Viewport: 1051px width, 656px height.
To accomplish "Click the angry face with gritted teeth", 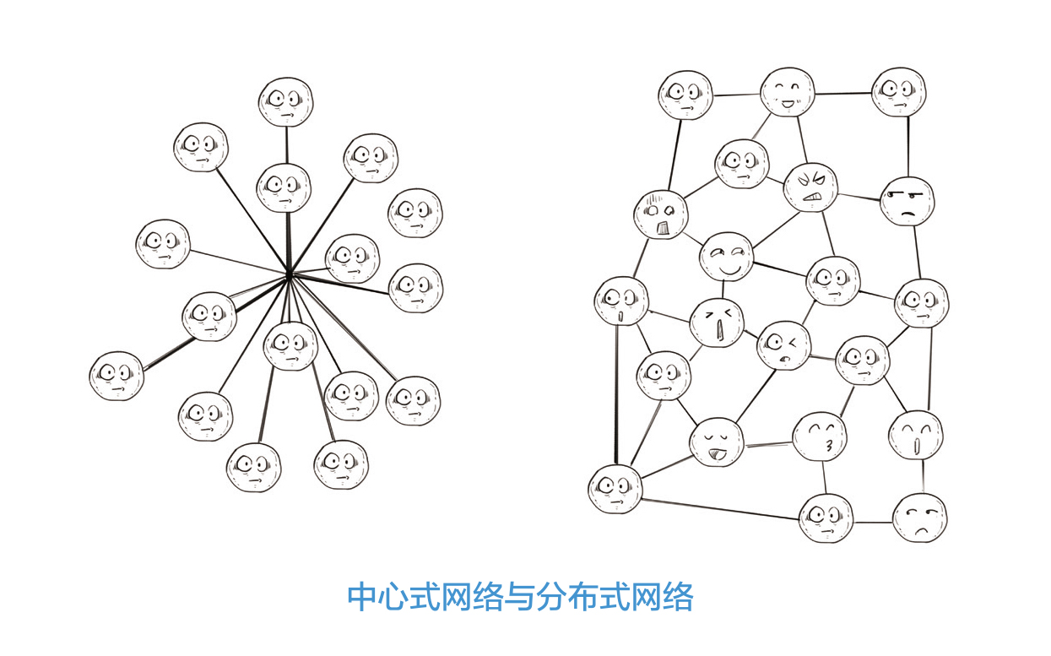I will click(x=810, y=187).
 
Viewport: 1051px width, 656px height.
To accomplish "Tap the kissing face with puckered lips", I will click(x=819, y=436).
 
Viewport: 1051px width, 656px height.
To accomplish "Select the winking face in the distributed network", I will click(x=783, y=345).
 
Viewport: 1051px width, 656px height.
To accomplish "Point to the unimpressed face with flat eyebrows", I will click(x=907, y=201).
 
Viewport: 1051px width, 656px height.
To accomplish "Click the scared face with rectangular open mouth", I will click(x=660, y=214).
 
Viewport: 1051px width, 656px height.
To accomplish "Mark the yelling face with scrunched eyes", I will click(x=717, y=323).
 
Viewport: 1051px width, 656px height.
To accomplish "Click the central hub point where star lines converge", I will click(x=289, y=274).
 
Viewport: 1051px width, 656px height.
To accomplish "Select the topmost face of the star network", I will click(x=285, y=101).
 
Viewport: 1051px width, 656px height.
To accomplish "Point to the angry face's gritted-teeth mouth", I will click(x=811, y=199).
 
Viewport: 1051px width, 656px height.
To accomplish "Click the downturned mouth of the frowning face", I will click(x=921, y=529).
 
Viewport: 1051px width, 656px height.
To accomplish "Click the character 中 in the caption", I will click(x=361, y=597).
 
